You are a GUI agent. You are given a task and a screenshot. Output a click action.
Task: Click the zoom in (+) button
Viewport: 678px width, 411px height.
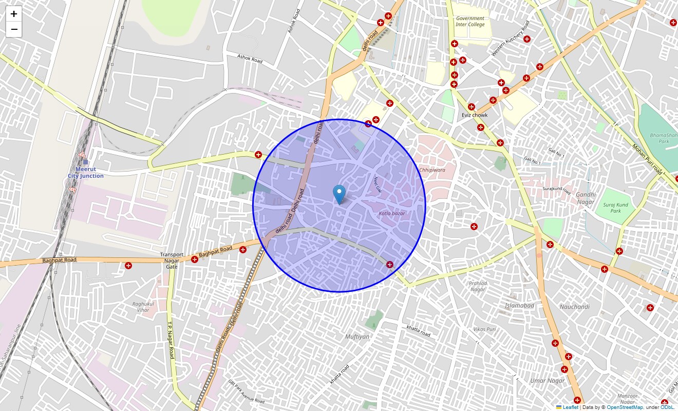click(x=14, y=14)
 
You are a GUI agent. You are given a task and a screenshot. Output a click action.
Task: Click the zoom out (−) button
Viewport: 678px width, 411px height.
click(x=14, y=29)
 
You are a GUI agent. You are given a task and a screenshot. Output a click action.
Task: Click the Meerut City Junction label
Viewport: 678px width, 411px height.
click(x=85, y=173)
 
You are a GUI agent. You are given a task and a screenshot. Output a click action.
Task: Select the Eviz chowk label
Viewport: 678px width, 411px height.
click(x=474, y=115)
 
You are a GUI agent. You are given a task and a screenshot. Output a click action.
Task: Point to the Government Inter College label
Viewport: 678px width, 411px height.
click(x=470, y=21)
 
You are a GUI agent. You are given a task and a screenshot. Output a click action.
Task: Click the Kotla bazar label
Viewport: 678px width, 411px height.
click(x=392, y=213)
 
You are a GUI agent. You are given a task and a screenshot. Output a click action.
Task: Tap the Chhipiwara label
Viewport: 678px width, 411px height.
click(x=432, y=170)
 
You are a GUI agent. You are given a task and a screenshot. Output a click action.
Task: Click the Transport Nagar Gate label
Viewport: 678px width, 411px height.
click(x=172, y=260)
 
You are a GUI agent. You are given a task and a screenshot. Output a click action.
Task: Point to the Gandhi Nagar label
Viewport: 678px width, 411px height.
click(x=586, y=198)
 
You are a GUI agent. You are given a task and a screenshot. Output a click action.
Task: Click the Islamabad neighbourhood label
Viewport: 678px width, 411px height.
click(x=519, y=306)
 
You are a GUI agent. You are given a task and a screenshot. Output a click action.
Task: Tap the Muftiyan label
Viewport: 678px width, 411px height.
click(x=357, y=337)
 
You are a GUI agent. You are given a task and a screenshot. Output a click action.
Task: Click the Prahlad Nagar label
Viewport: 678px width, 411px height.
click(x=478, y=286)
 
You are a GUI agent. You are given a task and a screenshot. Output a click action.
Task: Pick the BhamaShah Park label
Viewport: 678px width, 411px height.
click(x=660, y=138)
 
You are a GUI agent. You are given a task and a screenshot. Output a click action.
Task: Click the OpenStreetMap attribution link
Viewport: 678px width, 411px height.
click(x=625, y=407)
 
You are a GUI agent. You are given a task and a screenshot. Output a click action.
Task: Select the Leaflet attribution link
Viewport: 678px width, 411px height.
click(x=570, y=407)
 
